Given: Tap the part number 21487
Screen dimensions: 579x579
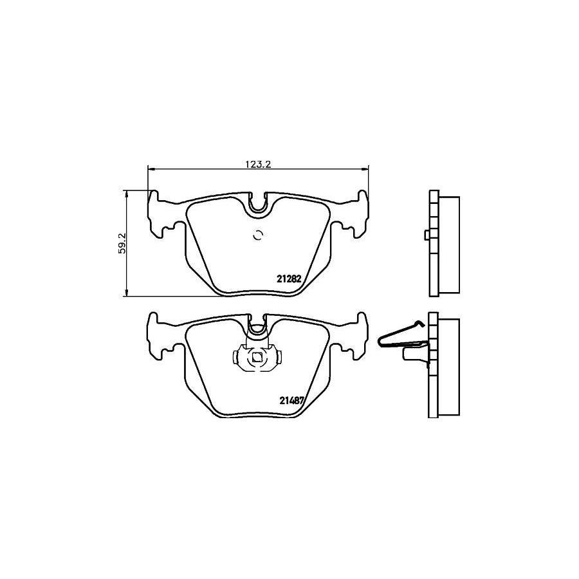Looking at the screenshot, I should tap(291, 399).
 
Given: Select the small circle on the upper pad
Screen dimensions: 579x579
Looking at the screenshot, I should tap(259, 235).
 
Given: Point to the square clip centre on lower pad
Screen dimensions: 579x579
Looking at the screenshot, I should tap(257, 358).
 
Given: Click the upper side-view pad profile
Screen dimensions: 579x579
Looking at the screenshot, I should tap(444, 244).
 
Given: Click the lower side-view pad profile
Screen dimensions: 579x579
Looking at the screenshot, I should tap(444, 367).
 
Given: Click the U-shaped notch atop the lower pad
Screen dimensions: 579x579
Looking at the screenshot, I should tap(258, 327).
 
